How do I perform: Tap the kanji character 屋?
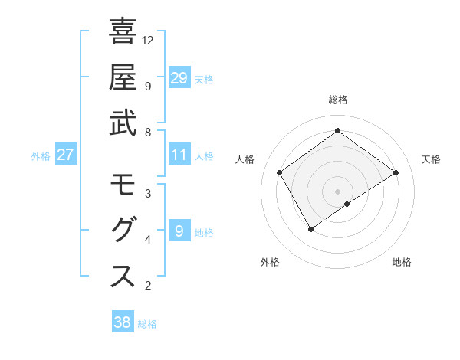[123, 77]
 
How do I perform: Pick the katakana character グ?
[123, 231]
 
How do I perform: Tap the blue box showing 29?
[179, 78]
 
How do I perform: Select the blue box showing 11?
[179, 155]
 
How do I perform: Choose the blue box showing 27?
[66, 155]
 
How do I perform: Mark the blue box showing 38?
[123, 322]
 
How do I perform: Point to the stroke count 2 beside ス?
[147, 286]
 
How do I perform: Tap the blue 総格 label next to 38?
[147, 324]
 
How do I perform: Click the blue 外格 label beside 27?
[41, 156]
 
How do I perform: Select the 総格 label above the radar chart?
[337, 100]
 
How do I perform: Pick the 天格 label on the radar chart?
[431, 159]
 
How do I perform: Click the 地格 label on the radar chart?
[402, 262]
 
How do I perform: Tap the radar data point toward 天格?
[396, 172]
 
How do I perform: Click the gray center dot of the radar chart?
[337, 190]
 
